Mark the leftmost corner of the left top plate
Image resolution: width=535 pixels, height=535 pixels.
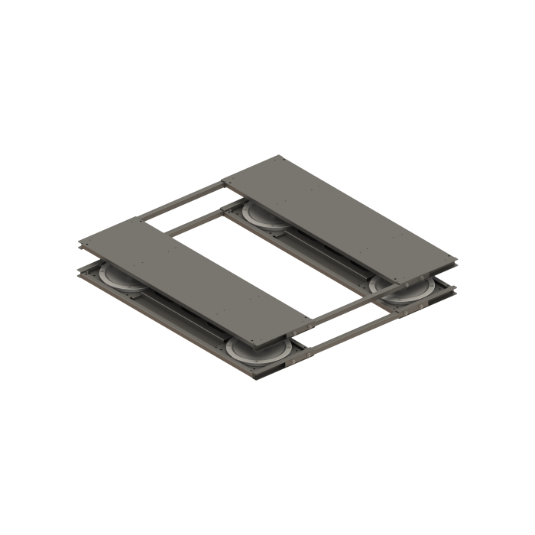coord(80,243)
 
